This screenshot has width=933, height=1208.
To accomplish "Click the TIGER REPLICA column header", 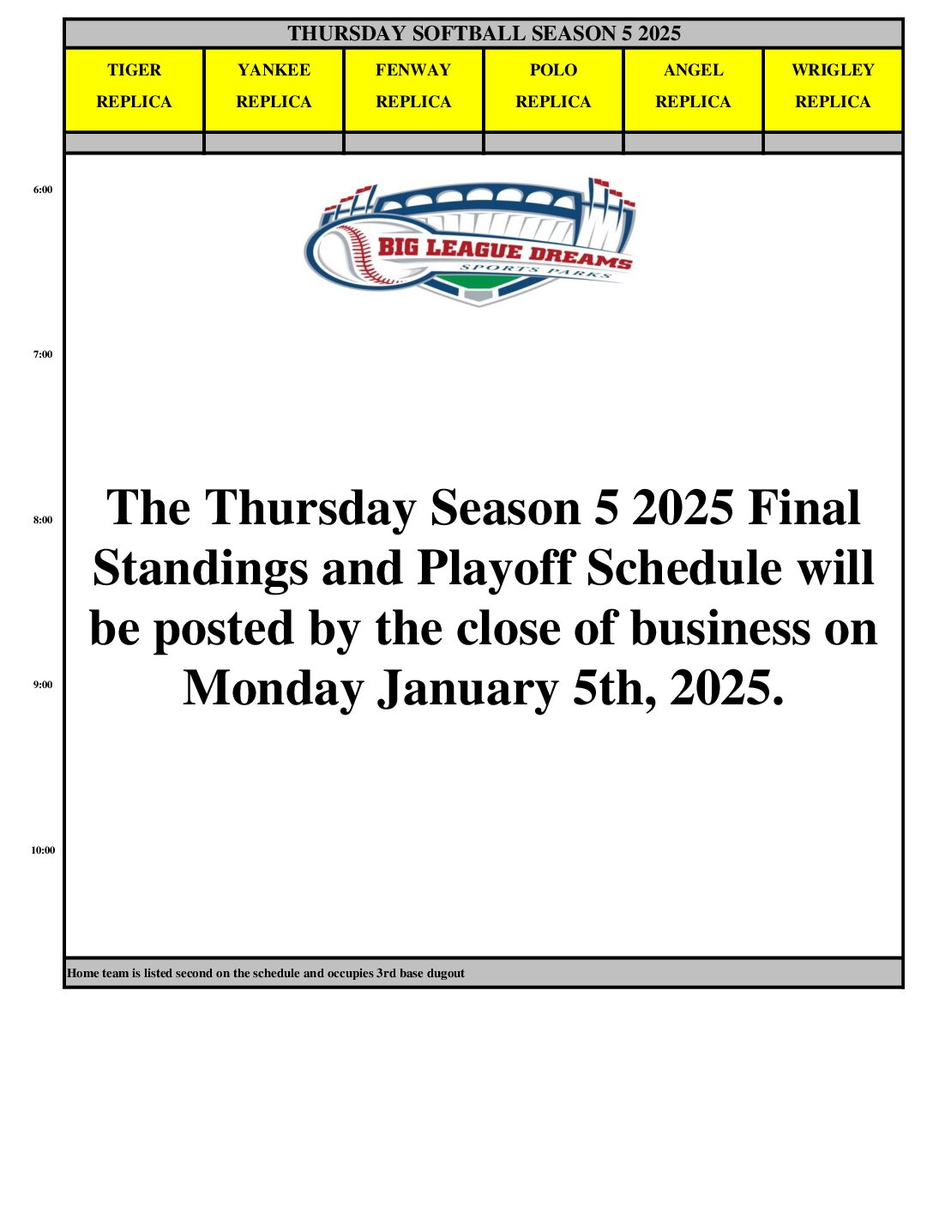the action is coord(134,90).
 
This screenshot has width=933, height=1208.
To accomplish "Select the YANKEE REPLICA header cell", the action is coord(274,90).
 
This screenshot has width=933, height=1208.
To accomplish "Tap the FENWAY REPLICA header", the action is coord(413,90).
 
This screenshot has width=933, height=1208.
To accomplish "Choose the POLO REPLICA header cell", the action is coord(553,90).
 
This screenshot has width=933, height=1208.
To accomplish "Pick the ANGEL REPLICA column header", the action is coord(693,90).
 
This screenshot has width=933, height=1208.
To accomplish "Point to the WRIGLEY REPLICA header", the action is coord(833,90).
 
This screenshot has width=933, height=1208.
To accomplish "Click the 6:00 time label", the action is coord(43,190).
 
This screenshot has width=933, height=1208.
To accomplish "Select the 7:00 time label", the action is coord(43,354).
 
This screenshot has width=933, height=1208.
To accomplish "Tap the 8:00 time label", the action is coord(43,520).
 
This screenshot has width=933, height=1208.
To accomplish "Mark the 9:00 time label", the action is coord(43,685).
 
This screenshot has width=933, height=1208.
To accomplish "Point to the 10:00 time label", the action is coord(43,850).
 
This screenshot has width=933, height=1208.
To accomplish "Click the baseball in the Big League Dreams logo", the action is coord(348,254).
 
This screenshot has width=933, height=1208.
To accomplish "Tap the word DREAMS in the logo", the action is coord(580,258).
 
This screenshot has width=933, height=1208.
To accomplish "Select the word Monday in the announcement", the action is coord(274,689).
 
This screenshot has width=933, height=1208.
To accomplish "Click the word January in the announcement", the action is coord(468,689).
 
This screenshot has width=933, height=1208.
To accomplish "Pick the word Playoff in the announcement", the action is coord(495,569).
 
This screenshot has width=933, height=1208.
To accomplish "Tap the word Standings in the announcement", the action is coord(200,569).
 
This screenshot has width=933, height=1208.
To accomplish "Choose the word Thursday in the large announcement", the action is coord(310,508).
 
